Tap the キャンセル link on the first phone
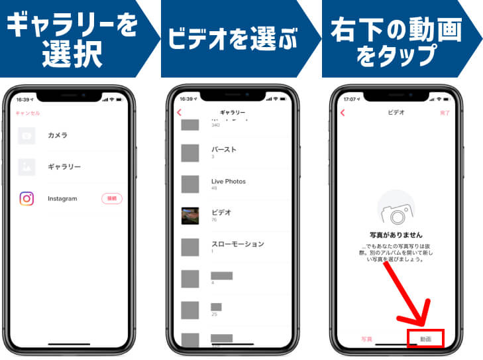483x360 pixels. [x=27, y=113]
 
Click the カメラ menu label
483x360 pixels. [x=58, y=136]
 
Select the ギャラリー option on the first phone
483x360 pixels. [x=64, y=167]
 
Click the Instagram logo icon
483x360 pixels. [x=27, y=198]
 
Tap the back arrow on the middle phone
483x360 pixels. [x=179, y=113]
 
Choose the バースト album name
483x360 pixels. [x=223, y=149]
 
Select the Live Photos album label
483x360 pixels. [x=228, y=181]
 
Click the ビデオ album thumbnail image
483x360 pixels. [x=190, y=215]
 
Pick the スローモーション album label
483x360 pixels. [x=237, y=244]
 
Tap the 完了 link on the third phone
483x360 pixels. [x=445, y=113]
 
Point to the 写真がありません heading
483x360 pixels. [x=396, y=235]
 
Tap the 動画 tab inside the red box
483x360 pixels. [x=425, y=339]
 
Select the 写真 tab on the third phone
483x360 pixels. [x=366, y=339]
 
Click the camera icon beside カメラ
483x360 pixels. [x=27, y=136]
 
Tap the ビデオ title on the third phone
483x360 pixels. [x=396, y=113]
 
